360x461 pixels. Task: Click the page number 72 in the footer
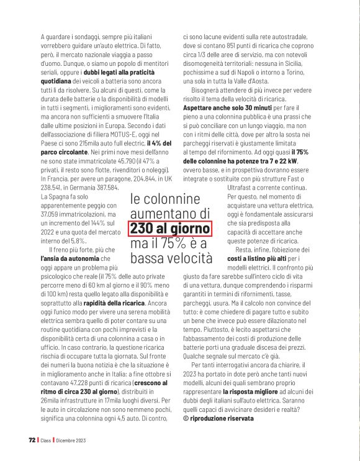click(x=32, y=440)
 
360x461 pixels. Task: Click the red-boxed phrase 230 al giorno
click(x=171, y=228)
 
